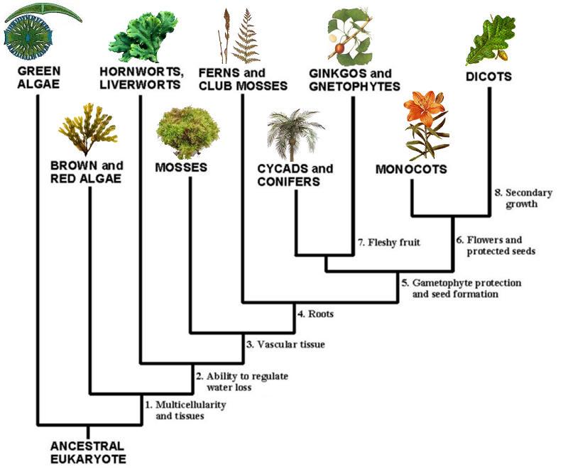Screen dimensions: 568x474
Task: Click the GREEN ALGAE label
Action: click(x=39, y=77)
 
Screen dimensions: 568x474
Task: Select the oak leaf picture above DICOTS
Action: click(x=491, y=40)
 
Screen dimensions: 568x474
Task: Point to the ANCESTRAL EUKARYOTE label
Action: click(x=88, y=452)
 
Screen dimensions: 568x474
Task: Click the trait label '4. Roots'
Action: click(x=315, y=314)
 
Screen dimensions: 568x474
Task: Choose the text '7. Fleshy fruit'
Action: click(x=389, y=242)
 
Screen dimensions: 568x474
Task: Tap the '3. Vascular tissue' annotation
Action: click(x=285, y=344)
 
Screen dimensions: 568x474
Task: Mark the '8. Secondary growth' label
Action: click(x=523, y=198)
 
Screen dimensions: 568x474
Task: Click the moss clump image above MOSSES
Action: click(x=187, y=132)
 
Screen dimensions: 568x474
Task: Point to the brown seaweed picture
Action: click(x=88, y=129)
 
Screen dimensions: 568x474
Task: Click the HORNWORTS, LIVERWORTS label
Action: click(x=141, y=78)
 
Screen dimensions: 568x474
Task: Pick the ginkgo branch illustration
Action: click(x=350, y=36)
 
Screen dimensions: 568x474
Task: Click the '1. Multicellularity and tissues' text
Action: click(x=185, y=410)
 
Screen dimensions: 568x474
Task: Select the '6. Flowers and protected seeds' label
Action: click(x=496, y=246)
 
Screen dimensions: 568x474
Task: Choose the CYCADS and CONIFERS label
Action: click(x=295, y=175)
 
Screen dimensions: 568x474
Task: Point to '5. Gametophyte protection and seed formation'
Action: click(x=461, y=288)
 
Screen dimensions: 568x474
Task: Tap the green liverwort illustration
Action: click(x=143, y=36)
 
